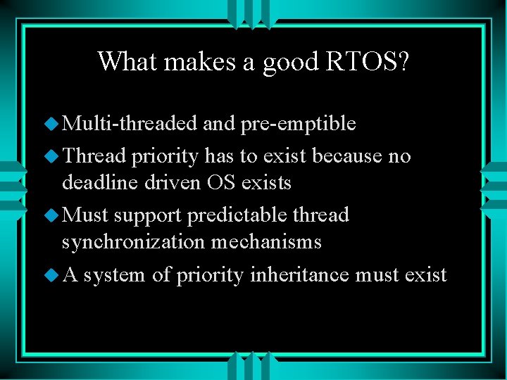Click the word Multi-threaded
[130, 124]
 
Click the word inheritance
[299, 274]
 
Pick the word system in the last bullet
[115, 274]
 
